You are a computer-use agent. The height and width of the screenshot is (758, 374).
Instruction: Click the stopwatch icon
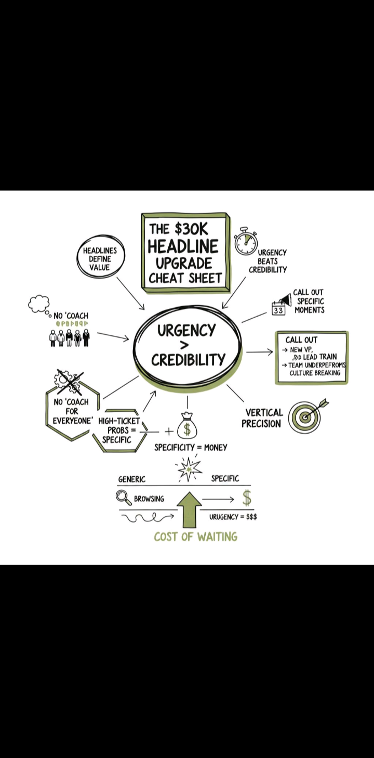click(x=246, y=242)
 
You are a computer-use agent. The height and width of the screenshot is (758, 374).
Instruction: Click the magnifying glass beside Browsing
click(x=124, y=498)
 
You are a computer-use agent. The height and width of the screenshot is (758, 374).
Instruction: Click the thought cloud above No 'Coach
click(x=39, y=304)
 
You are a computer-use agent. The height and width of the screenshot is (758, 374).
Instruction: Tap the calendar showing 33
click(x=278, y=310)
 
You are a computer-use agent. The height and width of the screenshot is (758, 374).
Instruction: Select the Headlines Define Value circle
click(x=100, y=258)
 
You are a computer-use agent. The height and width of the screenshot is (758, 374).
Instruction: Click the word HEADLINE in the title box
click(x=183, y=246)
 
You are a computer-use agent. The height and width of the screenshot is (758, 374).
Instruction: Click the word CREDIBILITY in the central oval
click(x=188, y=360)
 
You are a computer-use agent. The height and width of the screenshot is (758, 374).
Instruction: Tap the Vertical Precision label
click(x=262, y=418)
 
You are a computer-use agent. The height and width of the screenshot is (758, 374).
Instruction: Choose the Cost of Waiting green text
click(x=195, y=537)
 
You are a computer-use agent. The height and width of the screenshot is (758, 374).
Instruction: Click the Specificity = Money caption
click(x=191, y=447)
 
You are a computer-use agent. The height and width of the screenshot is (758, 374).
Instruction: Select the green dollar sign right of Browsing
click(x=247, y=498)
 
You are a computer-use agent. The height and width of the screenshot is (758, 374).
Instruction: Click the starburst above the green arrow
click(x=189, y=469)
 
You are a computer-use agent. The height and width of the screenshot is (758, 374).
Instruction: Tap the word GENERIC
click(x=132, y=479)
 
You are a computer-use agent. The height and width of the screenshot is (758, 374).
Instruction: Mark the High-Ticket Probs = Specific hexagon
click(x=119, y=430)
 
